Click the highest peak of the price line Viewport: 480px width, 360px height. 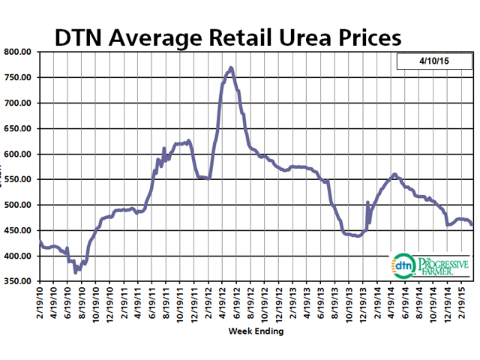coord(230,68)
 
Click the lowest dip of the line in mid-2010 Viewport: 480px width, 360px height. coord(76,272)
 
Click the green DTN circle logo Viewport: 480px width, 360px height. coord(403,265)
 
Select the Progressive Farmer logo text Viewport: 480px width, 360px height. coord(442,265)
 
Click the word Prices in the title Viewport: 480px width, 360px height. coord(365,38)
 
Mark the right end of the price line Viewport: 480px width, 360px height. coord(471,224)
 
